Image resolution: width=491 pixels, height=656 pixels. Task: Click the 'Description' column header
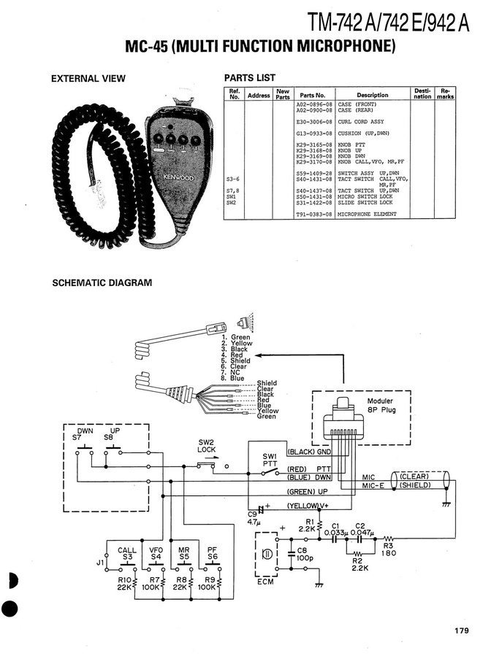point(372,95)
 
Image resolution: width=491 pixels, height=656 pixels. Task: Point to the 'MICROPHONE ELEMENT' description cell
point(367,215)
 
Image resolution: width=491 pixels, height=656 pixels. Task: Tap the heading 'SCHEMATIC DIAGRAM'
point(102,282)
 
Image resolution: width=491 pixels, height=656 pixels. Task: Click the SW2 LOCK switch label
point(207,446)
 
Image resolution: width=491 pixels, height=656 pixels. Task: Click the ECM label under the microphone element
point(266,584)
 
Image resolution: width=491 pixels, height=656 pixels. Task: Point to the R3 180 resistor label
point(388,549)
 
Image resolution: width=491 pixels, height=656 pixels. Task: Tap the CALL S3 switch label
point(126,552)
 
